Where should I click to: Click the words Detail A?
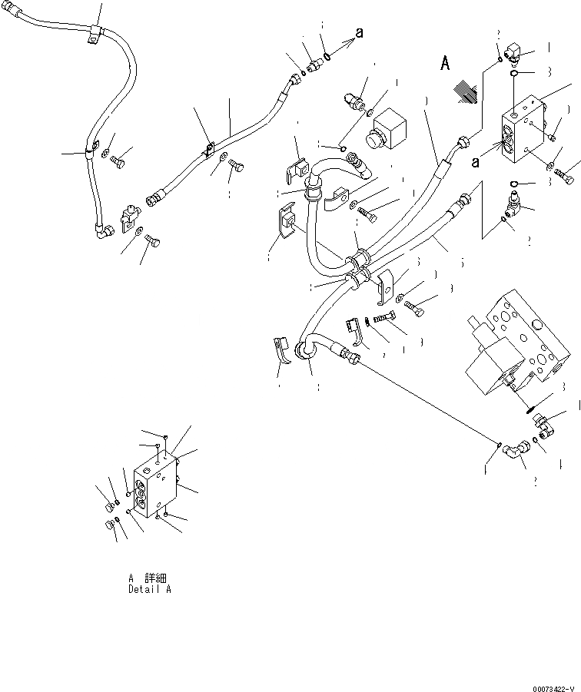[x=150, y=589]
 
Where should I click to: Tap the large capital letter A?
[x=445, y=64]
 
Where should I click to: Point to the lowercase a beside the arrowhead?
[x=358, y=31]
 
